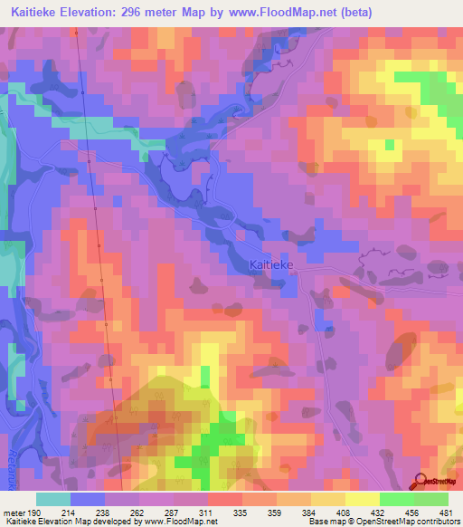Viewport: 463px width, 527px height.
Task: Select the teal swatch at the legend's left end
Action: [x=53, y=499]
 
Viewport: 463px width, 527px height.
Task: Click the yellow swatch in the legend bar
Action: [x=362, y=499]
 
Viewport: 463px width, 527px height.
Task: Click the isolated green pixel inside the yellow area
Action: [x=390, y=144]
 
